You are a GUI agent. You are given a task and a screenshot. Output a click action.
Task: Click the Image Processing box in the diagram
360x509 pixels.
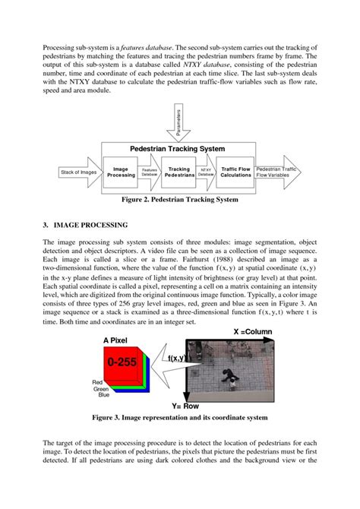[121, 172]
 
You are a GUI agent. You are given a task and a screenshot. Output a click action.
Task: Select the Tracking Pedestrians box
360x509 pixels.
[178, 172]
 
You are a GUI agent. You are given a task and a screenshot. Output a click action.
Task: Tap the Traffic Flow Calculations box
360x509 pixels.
[235, 172]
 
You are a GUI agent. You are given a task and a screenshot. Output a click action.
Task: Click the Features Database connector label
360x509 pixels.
[149, 173]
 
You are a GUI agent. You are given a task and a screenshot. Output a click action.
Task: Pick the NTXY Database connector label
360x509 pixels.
[207, 173]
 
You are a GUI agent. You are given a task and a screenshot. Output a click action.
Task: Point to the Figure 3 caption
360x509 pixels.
[179, 418]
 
